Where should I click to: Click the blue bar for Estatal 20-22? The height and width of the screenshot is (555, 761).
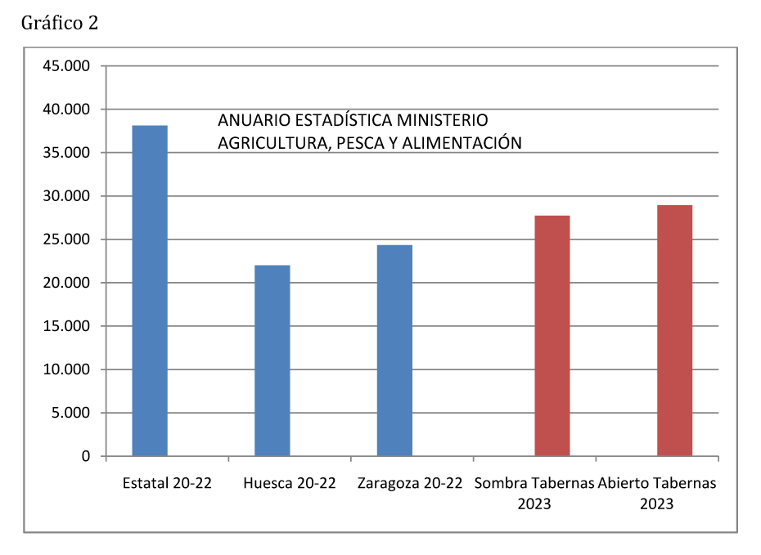tap(150, 290)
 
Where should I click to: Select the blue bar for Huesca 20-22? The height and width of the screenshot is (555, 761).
tap(272, 360)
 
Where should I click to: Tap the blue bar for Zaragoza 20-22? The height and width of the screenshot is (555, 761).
tap(394, 350)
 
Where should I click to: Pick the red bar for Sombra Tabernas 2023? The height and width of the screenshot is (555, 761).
tap(552, 335)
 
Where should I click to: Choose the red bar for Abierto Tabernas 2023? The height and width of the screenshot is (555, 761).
tap(675, 330)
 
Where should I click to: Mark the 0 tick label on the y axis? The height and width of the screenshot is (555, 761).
tap(85, 456)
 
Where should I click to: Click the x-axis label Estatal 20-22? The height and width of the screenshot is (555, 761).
tap(167, 483)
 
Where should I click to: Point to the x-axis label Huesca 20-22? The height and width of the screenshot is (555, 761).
tap(290, 483)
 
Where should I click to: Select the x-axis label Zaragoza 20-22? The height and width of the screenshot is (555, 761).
tap(411, 483)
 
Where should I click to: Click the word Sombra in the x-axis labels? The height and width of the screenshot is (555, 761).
tap(501, 483)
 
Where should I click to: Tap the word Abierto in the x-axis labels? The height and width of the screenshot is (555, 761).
tap(624, 483)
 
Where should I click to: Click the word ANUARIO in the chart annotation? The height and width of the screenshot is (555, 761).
tap(250, 120)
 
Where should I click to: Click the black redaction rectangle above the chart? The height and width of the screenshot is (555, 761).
tap(59, 22)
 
